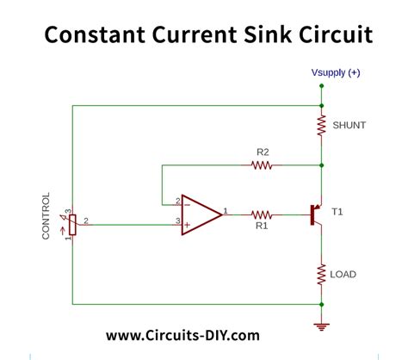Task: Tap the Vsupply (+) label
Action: point(336,72)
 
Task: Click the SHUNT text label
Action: point(349,126)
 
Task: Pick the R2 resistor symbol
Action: point(263,164)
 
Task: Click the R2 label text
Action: point(263,152)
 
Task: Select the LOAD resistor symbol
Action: point(321,275)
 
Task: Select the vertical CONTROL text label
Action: point(46,216)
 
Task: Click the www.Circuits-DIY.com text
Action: point(182,334)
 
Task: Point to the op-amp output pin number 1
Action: point(226,209)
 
